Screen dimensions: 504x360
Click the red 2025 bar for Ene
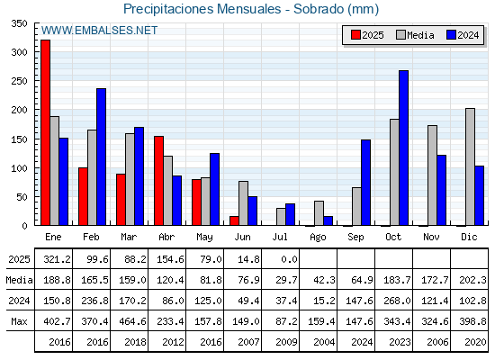pyautogui.click(x=45, y=132)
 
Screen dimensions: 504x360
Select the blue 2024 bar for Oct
pyautogui.click(x=404, y=148)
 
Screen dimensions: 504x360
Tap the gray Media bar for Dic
pyautogui.click(x=470, y=166)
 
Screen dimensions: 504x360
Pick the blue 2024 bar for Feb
pyautogui.click(x=101, y=157)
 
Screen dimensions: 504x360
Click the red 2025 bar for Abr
pyautogui.click(x=158, y=181)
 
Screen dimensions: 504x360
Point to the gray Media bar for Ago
pyautogui.click(x=319, y=213)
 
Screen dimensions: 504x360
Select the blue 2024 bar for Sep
pyautogui.click(x=365, y=183)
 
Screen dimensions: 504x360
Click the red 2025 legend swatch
pyautogui.click(x=355, y=35)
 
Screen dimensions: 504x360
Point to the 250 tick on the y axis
pyautogui.click(x=19, y=81)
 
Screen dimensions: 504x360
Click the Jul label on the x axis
pyautogui.click(x=280, y=237)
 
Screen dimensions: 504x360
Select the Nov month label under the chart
pyautogui.click(x=431, y=237)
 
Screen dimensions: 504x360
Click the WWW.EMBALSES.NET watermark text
pyautogui.click(x=99, y=31)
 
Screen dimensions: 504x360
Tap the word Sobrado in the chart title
pyautogui.click(x=319, y=9)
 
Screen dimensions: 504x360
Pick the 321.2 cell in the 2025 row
pyautogui.click(x=57, y=259)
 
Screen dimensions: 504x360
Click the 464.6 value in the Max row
pyautogui.click(x=132, y=321)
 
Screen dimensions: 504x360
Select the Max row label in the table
pyautogui.click(x=19, y=321)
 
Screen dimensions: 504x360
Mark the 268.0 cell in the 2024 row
pyautogui.click(x=397, y=301)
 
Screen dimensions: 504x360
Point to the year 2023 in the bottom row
pyautogui.click(x=400, y=342)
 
